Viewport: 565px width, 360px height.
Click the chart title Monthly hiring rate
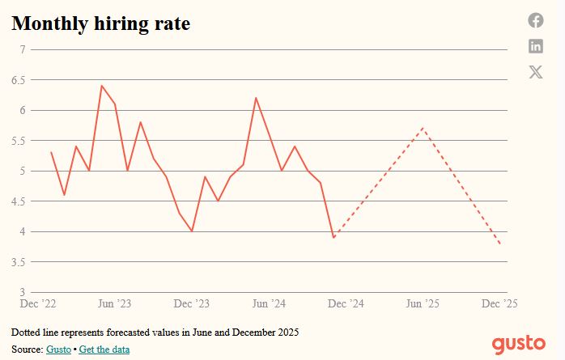100,24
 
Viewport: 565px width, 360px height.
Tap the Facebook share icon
536,20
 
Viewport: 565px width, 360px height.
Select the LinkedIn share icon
536,46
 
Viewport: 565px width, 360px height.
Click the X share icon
536,72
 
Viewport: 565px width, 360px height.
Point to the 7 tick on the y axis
23,50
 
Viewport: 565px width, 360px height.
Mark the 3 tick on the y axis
23,292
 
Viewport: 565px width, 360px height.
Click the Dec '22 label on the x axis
38,303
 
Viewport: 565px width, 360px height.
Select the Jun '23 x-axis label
114,303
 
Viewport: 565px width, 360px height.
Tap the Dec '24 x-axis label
346,303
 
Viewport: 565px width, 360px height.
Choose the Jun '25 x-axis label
423,303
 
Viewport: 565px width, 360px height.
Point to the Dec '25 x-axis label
499,303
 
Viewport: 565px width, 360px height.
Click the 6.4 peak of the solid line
102,86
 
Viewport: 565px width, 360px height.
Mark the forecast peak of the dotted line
423,128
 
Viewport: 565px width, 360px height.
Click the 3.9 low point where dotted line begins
333,238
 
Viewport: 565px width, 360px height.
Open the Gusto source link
58,349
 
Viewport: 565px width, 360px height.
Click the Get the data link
104,349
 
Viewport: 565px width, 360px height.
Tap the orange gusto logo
519,342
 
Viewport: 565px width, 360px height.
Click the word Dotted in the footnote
25,332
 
